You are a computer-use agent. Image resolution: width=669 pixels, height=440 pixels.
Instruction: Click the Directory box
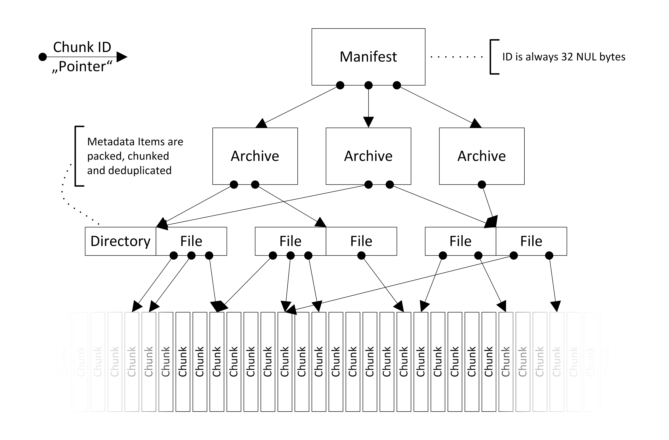(121, 241)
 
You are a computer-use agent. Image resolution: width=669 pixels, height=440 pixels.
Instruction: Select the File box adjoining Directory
(191, 241)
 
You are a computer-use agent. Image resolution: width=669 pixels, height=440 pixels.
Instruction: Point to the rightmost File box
(531, 241)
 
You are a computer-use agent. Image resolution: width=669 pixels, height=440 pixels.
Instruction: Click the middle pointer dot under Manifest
(368, 85)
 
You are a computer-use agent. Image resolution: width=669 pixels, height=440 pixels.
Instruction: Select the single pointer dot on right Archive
(482, 185)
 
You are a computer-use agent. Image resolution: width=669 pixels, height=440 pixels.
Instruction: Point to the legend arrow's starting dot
(42, 57)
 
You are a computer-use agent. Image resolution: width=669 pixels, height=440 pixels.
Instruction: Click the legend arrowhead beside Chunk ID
(122, 57)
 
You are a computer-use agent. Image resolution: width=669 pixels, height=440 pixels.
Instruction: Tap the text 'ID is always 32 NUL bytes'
(564, 57)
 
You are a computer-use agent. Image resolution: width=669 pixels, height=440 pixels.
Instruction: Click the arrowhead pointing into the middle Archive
(368, 122)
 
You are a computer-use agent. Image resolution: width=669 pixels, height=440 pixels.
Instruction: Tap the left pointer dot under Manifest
(340, 85)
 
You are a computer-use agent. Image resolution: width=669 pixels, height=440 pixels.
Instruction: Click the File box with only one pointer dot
(361, 241)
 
